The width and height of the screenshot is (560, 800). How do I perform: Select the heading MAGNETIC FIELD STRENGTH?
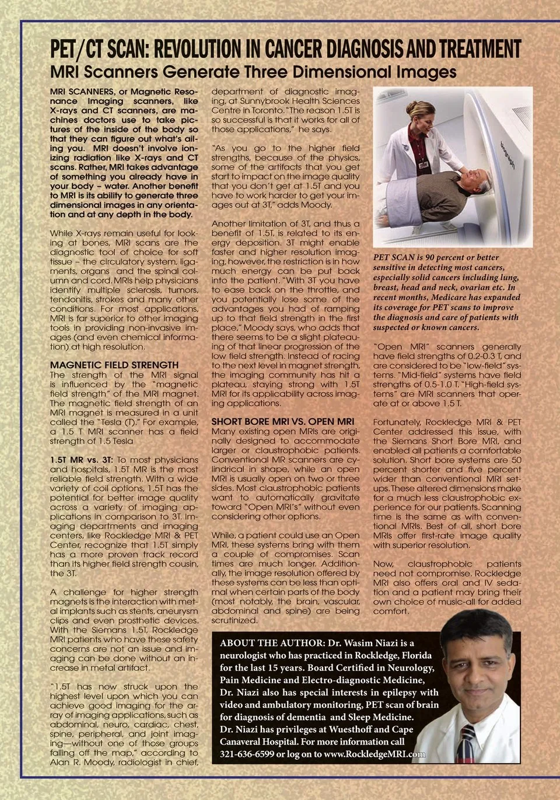(x=114, y=365)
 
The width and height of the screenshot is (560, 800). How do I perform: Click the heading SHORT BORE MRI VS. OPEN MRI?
(x=282, y=421)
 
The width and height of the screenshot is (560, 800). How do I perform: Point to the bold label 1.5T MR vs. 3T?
(x=81, y=460)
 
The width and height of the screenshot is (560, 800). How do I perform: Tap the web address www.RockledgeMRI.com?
(x=374, y=754)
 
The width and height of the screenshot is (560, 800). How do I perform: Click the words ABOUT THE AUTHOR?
(x=270, y=643)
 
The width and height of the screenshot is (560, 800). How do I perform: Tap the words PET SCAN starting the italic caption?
(x=394, y=257)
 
